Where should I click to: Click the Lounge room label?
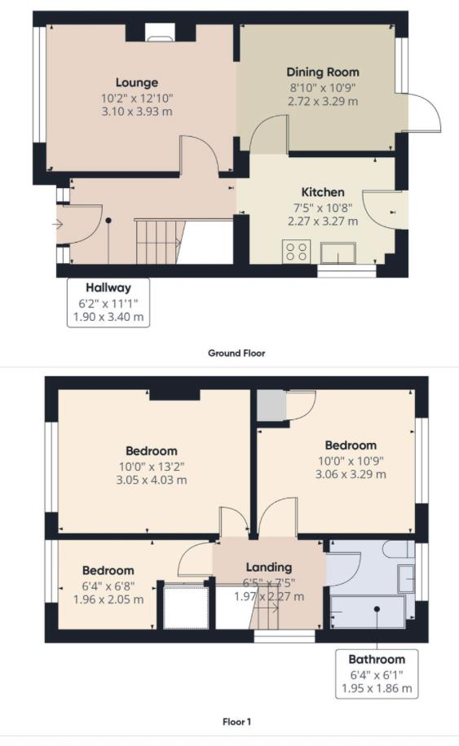[x=136, y=82]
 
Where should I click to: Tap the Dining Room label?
[x=322, y=72]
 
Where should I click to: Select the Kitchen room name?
[x=323, y=192]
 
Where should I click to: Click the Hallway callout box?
[x=108, y=302]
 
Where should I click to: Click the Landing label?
[x=269, y=567]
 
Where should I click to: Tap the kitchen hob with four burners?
[x=295, y=252]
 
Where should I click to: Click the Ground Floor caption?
[x=236, y=353]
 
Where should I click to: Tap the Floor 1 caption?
[x=236, y=722]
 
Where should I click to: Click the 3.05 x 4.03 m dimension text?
[x=152, y=480]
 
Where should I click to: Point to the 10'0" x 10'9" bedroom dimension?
[x=351, y=460]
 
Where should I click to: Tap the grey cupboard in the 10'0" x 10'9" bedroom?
[x=269, y=406]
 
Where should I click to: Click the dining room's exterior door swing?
[x=422, y=113]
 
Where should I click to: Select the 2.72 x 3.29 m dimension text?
[x=322, y=102]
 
